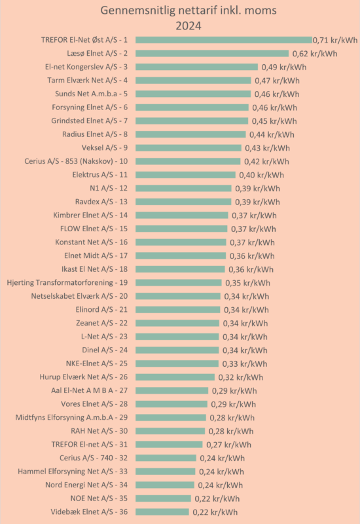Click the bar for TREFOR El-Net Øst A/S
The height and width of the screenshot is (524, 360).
(x=224, y=40)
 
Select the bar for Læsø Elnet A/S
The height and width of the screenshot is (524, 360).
(x=212, y=54)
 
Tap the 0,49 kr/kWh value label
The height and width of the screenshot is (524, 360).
(x=284, y=67)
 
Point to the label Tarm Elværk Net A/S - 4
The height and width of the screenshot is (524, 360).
(x=88, y=80)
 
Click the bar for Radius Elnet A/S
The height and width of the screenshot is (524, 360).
(x=190, y=134)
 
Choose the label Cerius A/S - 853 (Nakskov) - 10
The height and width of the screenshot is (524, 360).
(x=76, y=161)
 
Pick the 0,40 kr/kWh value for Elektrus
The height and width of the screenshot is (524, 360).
(x=261, y=175)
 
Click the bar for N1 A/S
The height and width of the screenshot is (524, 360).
(x=183, y=188)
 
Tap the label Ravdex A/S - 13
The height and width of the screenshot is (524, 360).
(x=101, y=202)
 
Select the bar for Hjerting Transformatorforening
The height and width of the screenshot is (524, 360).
(x=179, y=283)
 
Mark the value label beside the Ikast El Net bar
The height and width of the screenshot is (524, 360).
(x=251, y=269)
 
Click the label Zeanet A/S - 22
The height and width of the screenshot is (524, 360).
(x=102, y=323)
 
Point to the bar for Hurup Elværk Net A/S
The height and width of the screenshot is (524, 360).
(x=175, y=377)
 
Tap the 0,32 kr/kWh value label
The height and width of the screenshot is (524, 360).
(x=241, y=377)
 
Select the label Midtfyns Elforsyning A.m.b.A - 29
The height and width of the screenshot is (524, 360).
(x=71, y=417)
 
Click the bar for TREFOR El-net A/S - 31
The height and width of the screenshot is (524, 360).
(x=169, y=445)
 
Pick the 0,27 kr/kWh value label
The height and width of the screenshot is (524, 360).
(x=228, y=445)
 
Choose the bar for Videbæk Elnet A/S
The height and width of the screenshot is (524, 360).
(x=162, y=512)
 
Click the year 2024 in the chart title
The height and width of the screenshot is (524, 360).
(x=189, y=26)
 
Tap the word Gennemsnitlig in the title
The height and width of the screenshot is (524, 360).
(x=137, y=10)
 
